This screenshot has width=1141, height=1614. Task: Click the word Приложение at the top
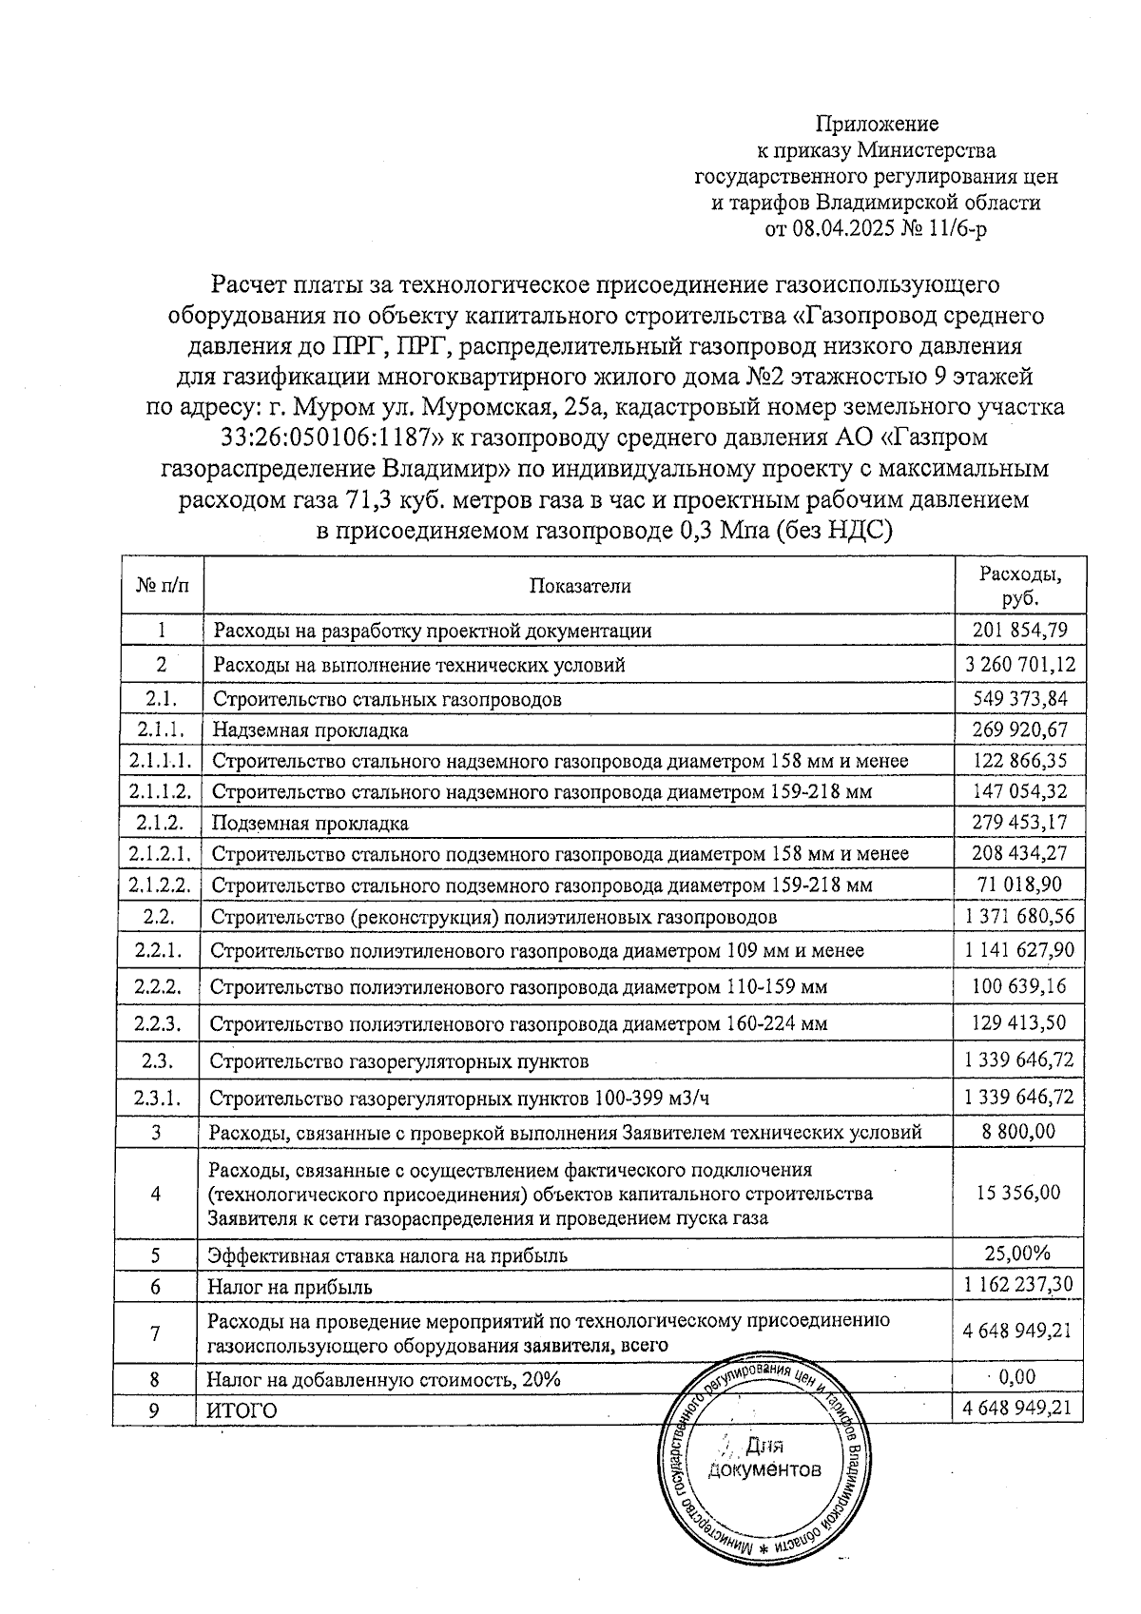(x=877, y=124)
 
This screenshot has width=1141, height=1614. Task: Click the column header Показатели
(x=579, y=586)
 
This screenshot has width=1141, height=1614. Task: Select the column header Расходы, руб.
(x=1019, y=586)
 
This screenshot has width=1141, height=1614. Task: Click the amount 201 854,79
(x=1019, y=630)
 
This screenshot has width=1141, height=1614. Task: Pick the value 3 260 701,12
(x=1019, y=664)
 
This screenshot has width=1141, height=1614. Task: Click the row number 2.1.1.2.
(x=158, y=791)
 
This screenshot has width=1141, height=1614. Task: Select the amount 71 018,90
(x=1019, y=885)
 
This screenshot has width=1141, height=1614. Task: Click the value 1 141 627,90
(x=1019, y=949)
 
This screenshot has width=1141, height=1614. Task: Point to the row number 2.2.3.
(x=158, y=1024)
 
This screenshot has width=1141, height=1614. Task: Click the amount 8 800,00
(x=1019, y=1132)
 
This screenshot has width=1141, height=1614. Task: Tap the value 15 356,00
(x=1019, y=1193)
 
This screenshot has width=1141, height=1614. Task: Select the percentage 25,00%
(x=1019, y=1254)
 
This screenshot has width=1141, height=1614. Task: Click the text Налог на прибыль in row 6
(x=290, y=1287)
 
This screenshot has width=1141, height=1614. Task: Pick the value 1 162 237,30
(x=1019, y=1285)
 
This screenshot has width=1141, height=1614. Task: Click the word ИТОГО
(x=242, y=1410)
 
